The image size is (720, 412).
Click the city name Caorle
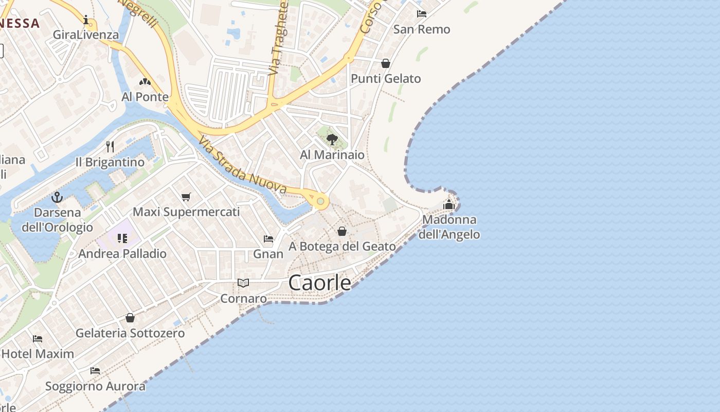click(x=320, y=283)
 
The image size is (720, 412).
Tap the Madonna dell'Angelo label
click(x=449, y=227)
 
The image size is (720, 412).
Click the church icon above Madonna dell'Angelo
click(x=449, y=204)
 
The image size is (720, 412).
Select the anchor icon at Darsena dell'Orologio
click(x=57, y=197)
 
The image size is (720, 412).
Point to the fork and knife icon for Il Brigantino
click(x=110, y=147)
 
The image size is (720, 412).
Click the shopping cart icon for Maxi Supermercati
click(x=186, y=197)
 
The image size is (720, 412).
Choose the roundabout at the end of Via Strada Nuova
click(x=320, y=201)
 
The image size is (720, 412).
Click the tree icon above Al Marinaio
click(x=332, y=139)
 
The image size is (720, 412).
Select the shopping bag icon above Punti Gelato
click(x=386, y=63)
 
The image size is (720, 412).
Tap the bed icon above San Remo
click(x=422, y=14)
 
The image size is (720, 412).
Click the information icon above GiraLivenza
click(x=86, y=20)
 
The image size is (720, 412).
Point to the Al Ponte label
click(x=145, y=97)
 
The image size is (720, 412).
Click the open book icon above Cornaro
click(x=243, y=283)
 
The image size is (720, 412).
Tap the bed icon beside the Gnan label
click(x=268, y=238)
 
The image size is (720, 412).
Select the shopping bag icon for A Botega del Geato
click(x=342, y=231)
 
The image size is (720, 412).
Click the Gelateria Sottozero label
click(x=130, y=333)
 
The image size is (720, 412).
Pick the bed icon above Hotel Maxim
click(x=38, y=338)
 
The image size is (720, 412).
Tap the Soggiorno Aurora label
click(x=95, y=386)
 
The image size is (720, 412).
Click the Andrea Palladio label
click(x=122, y=253)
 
